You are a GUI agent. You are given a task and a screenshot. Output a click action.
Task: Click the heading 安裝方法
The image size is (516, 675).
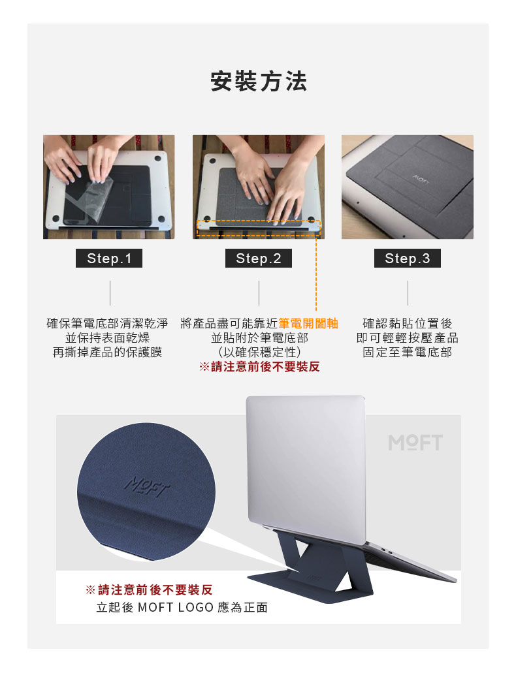coord(259,82)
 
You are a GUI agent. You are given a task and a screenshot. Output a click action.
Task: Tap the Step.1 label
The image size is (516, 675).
coord(109,259)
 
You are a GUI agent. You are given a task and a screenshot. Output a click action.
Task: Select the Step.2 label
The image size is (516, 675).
coord(259,259)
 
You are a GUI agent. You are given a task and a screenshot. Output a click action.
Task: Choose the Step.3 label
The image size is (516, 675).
coord(408,259)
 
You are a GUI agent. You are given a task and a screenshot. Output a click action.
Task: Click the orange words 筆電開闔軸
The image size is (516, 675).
coord(308,323)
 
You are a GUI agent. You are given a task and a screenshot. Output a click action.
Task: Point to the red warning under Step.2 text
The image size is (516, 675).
coord(259,367)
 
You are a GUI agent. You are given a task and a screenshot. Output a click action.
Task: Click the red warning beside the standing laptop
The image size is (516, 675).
coord(149,589)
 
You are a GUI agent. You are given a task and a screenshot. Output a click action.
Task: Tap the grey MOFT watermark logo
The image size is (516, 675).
coord(415,443)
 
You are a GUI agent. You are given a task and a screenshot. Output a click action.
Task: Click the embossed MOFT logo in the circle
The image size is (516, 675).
coord(148,487)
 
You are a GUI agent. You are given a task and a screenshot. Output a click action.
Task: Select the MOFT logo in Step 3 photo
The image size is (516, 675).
coord(421,180)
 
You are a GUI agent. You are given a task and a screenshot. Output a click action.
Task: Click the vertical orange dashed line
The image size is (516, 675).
coord(316,273)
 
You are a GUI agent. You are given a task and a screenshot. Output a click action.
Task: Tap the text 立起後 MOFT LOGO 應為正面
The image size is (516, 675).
coord(182,607)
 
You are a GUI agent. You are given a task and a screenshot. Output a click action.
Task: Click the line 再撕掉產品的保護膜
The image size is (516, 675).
coord(107,353)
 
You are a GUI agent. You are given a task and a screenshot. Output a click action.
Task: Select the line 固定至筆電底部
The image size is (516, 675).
coord(408,353)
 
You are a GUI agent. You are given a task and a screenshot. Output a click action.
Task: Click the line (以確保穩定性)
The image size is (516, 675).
coord(259,353)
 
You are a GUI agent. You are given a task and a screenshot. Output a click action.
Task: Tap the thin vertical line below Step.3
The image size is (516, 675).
coord(408,293)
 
